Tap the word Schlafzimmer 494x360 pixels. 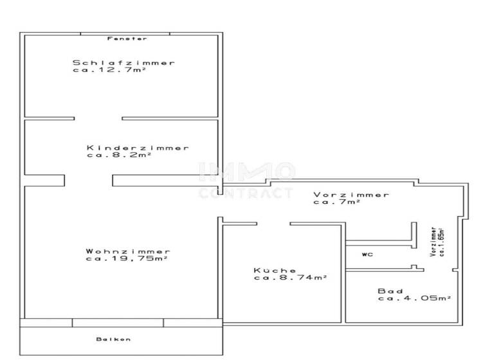pyautogui.click(x=123, y=62)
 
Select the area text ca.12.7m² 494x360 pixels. pyautogui.click(x=107, y=70)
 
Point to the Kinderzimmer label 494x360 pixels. pyautogui.click(x=138, y=147)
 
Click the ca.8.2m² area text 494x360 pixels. pyautogui.click(x=118, y=155)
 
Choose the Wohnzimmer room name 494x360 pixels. pyautogui.click(x=128, y=251)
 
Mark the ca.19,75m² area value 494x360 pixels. pyautogui.click(x=126, y=258)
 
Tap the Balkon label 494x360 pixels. pyautogui.click(x=114, y=339)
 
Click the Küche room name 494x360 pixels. pyautogui.click(x=275, y=271)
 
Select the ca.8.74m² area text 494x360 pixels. pyautogui.click(x=291, y=278)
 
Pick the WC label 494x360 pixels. pyautogui.click(x=367, y=255)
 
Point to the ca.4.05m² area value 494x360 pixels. pyautogui.click(x=414, y=298)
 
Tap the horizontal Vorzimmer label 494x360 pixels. pyautogui.click(x=351, y=195)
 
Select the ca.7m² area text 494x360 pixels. pyautogui.click(x=336, y=202)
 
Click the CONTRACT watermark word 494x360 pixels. pyautogui.click(x=246, y=193)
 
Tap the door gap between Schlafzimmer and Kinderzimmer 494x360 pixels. pyautogui.click(x=98, y=118)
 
